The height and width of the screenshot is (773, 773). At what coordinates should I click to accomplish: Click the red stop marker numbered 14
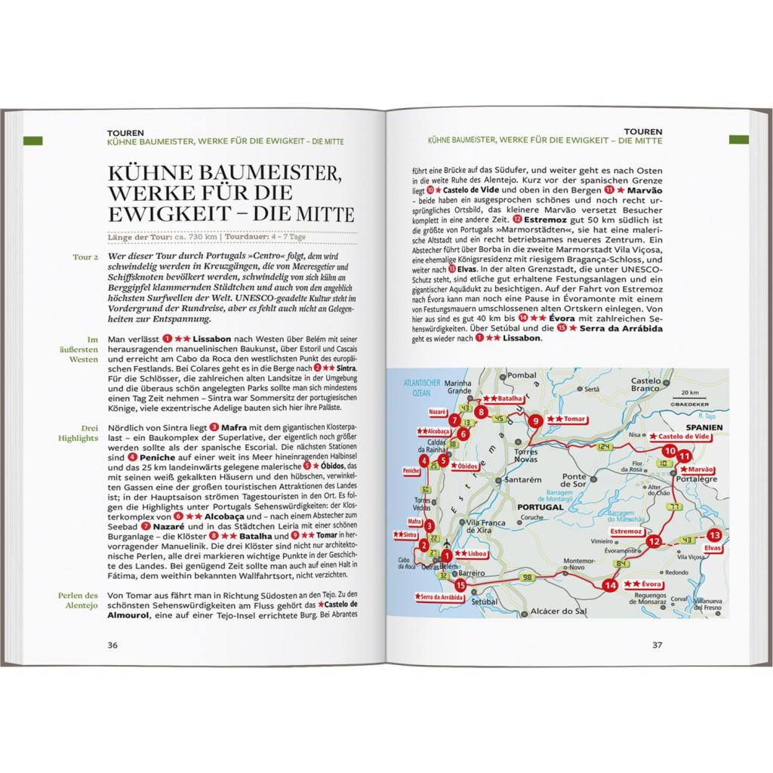610,585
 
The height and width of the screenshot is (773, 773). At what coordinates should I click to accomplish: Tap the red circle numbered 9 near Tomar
534,421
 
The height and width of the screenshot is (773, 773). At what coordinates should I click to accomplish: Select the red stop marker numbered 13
715,534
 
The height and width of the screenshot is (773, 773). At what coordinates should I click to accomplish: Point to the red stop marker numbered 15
460,586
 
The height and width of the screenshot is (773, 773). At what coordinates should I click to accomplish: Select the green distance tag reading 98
526,577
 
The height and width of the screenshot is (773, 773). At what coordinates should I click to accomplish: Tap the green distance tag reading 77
673,505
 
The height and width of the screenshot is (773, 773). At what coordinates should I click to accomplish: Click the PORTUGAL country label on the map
541,508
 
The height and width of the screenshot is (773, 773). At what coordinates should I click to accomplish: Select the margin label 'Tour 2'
85,257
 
